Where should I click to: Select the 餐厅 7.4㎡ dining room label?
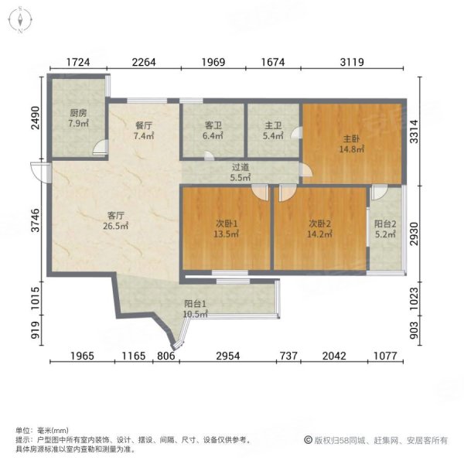click(143, 131)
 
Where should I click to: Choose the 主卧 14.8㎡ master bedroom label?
click(352, 145)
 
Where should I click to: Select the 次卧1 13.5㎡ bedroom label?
click(227, 230)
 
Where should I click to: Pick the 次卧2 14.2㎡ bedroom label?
click(319, 230)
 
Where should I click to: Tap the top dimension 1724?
click(80, 63)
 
